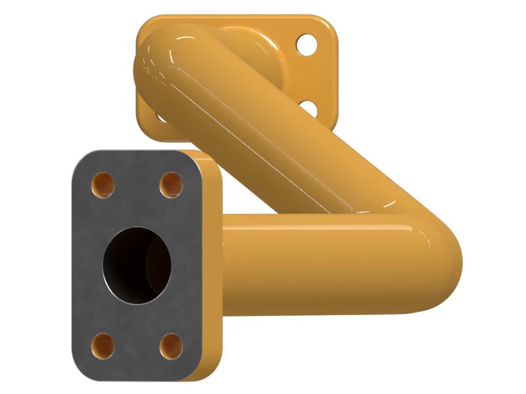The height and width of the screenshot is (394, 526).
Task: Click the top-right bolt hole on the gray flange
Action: pos(171,184)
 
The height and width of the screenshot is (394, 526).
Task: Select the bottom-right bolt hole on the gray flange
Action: pos(171,345)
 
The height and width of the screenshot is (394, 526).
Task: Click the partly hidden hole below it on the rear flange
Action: pos(306,106)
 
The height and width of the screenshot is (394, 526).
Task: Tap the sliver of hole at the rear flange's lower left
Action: pos(160,118)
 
